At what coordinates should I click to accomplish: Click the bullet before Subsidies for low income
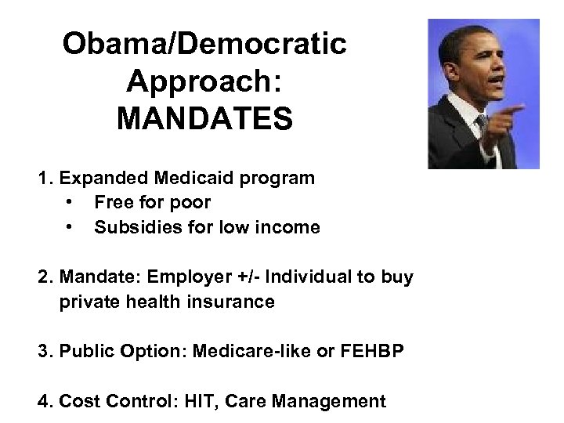click(x=71, y=228)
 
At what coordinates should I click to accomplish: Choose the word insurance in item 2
click(x=234, y=302)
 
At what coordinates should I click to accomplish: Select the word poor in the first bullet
click(x=192, y=203)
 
